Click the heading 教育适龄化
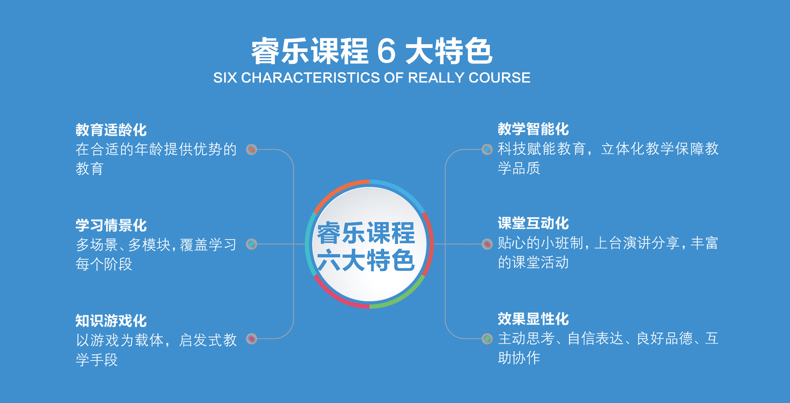[x=111, y=130]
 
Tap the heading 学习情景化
[x=111, y=226]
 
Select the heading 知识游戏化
[x=111, y=321]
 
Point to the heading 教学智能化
[x=533, y=129]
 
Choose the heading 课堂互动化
[x=533, y=224]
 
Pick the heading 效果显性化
[x=533, y=319]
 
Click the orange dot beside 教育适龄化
[x=251, y=149]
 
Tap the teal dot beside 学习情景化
[x=251, y=244]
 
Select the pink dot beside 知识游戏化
[x=251, y=339]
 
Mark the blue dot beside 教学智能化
[x=487, y=149]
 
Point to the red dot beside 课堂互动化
[x=487, y=244]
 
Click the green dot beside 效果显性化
[x=487, y=339]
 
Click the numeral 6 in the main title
[x=386, y=51]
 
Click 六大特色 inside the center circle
[x=366, y=261]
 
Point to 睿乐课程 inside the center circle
[x=366, y=233]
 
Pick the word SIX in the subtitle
[x=225, y=78]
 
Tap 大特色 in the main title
[x=449, y=51]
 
